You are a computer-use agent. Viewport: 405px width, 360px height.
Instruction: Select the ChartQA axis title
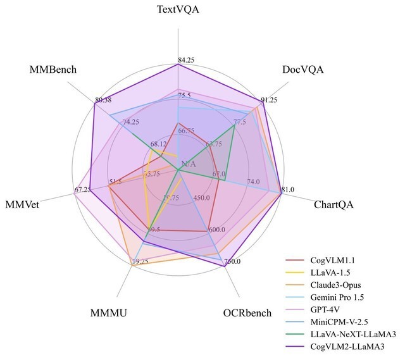333,204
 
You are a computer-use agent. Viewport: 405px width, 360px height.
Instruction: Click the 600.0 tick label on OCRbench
215,230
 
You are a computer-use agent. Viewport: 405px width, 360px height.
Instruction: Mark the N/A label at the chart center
189,166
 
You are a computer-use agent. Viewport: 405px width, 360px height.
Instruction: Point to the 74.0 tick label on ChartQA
253,182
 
